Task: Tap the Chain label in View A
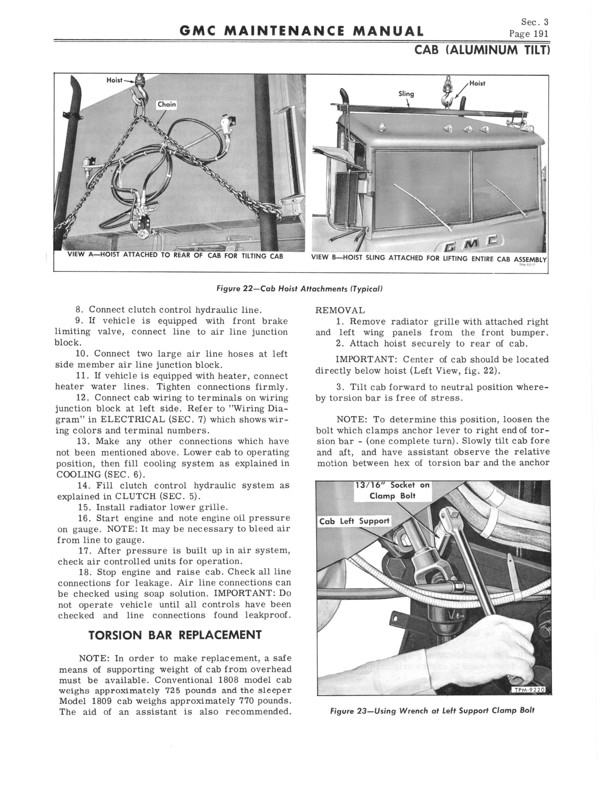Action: click(x=167, y=104)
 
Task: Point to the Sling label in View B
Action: click(x=406, y=94)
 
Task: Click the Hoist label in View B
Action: click(x=477, y=83)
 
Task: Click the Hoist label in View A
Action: click(x=114, y=80)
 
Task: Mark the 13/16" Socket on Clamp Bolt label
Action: click(x=392, y=491)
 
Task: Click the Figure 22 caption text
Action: click(x=299, y=289)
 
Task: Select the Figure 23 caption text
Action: click(x=432, y=711)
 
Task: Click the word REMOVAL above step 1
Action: click(x=340, y=310)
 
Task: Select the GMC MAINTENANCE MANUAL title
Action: click(x=301, y=32)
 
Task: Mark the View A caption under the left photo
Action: click(x=175, y=256)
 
